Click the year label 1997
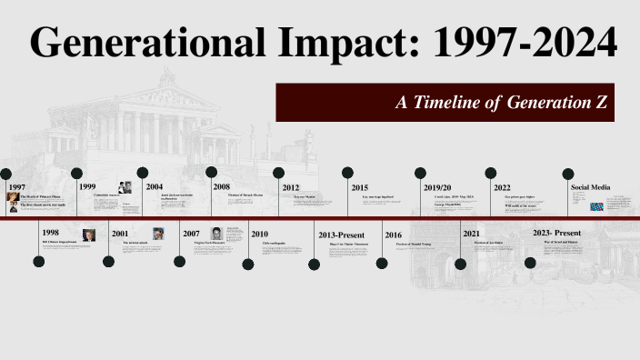(16, 187)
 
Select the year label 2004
(155, 187)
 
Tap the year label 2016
(393, 235)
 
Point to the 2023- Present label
(556, 234)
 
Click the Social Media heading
(590, 187)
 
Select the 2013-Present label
(342, 235)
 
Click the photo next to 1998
(88, 235)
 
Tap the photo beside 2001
(158, 234)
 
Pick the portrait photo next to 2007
(216, 234)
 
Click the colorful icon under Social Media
(596, 206)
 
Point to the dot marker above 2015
(347, 172)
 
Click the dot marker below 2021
(460, 264)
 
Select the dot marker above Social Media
(569, 173)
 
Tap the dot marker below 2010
(248, 264)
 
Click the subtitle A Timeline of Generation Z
(501, 103)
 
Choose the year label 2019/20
(437, 187)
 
